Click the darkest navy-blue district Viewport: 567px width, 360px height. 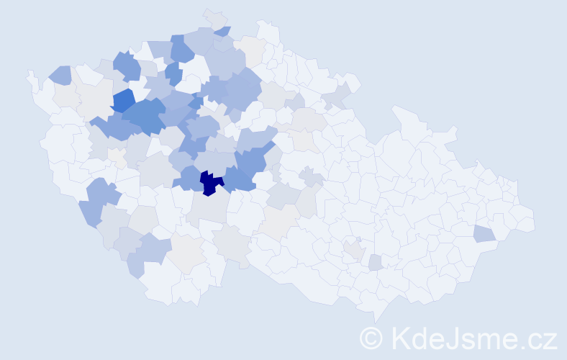[x=210, y=183]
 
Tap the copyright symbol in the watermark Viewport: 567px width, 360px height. [x=371, y=337]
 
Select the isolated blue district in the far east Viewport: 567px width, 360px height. [x=484, y=233]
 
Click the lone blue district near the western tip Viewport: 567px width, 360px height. [x=60, y=74]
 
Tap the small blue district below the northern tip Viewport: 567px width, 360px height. [x=223, y=31]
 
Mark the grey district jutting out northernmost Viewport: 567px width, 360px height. [x=214, y=17]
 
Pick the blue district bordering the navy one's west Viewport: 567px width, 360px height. [x=189, y=178]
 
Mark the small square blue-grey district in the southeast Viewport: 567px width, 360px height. [x=375, y=263]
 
